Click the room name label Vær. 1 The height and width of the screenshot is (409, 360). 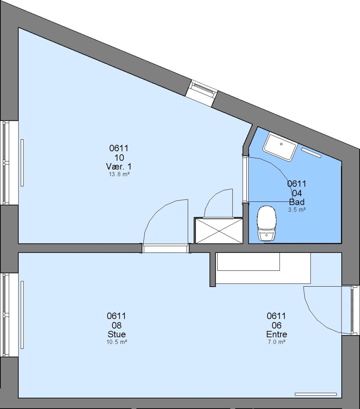(x=119, y=166)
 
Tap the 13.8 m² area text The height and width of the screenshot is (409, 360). (x=119, y=174)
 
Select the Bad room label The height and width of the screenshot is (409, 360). (x=297, y=202)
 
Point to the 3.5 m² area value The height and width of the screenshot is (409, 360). (x=297, y=209)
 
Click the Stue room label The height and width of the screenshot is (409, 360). (x=117, y=334)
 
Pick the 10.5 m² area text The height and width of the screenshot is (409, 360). (x=117, y=342)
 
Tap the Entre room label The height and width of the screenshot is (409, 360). (x=277, y=334)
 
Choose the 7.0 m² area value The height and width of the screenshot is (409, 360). (x=276, y=342)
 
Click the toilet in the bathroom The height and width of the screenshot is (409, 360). (x=266, y=223)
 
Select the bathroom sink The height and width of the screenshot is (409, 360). (x=280, y=147)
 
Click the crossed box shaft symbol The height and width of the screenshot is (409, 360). (x=219, y=231)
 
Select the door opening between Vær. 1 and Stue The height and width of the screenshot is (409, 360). (x=165, y=248)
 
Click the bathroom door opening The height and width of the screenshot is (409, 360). (x=245, y=180)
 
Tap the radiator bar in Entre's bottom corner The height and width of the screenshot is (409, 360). (x=316, y=394)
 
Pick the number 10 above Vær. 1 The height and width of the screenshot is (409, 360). (x=119, y=158)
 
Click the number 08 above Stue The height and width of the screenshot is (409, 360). (x=117, y=325)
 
